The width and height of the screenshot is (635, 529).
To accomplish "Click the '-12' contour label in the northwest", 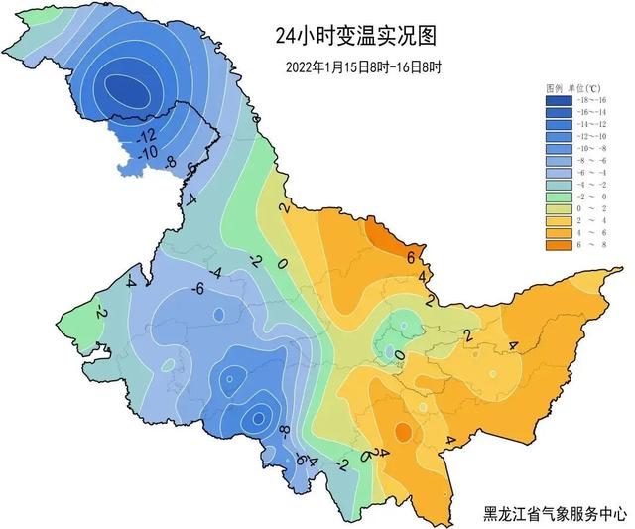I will pyautogui.click(x=147, y=135).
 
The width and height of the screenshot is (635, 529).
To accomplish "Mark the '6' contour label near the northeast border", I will pyautogui.click(x=409, y=257).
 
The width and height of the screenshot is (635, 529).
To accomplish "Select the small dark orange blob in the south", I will pyautogui.click(x=403, y=432).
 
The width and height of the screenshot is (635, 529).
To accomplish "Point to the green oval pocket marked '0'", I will pyautogui.click(x=401, y=327).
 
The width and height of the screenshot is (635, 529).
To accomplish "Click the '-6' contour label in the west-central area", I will pyautogui.click(x=197, y=288).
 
